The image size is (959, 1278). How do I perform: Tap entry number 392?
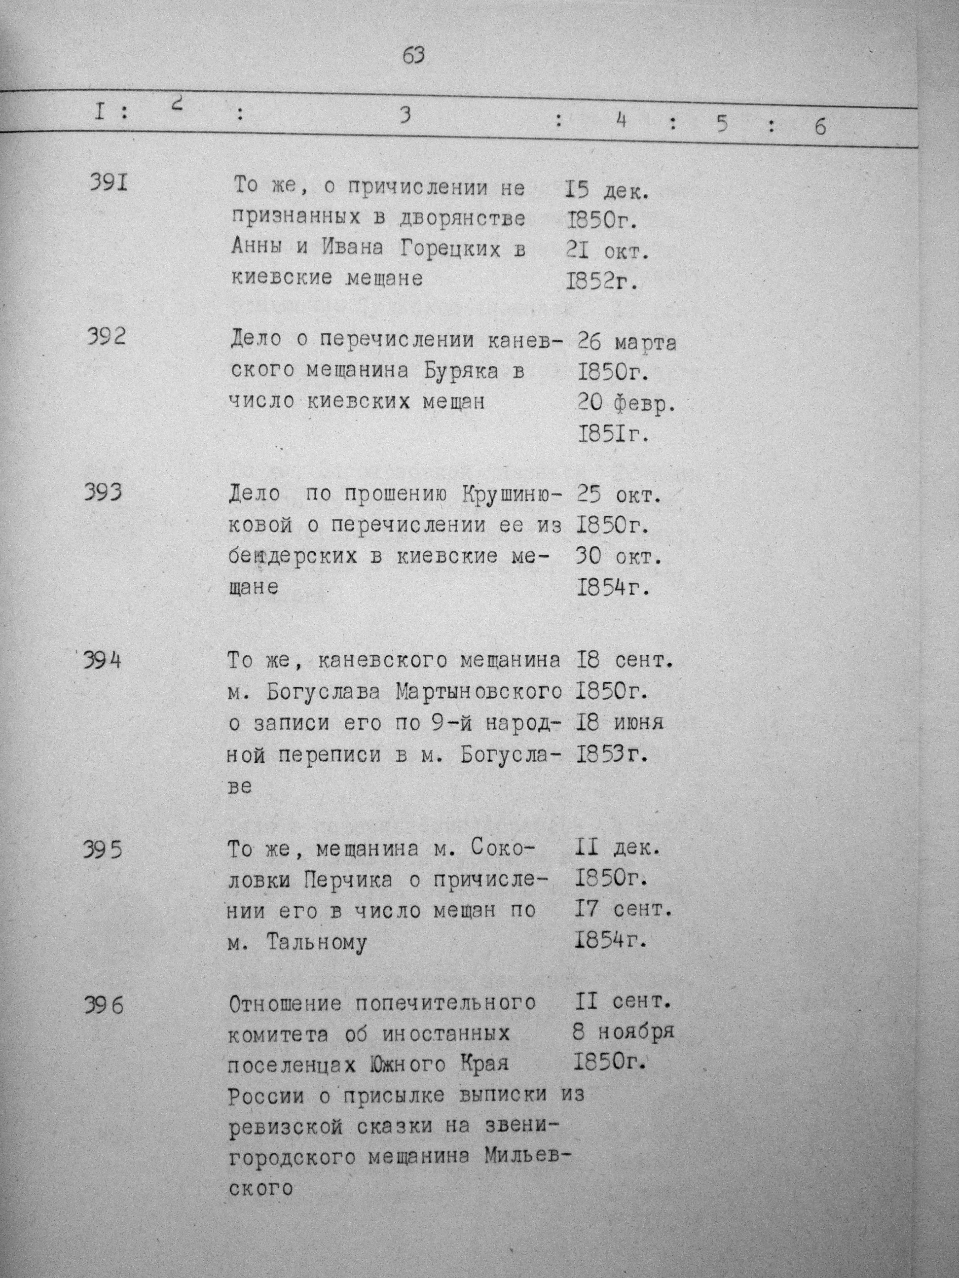pos(107,336)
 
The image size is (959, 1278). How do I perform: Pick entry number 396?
pos(103,1006)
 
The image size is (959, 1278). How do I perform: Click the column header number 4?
pos(622,122)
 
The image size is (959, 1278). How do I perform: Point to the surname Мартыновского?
pos(479,692)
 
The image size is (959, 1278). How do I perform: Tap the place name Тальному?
pos(317,943)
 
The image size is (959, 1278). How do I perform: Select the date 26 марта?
pos(627,343)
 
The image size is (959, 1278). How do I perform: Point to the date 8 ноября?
pos(623,1032)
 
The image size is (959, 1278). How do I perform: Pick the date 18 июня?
pos(619,723)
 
